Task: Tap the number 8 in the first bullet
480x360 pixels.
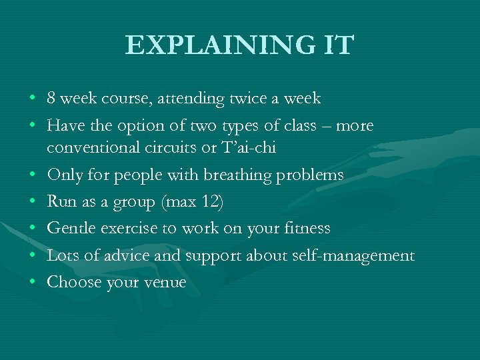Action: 51,99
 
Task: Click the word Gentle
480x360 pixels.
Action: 71,229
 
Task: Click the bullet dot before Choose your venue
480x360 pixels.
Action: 33,283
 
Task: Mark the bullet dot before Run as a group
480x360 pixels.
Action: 33,202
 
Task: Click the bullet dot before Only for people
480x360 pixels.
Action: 33,175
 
